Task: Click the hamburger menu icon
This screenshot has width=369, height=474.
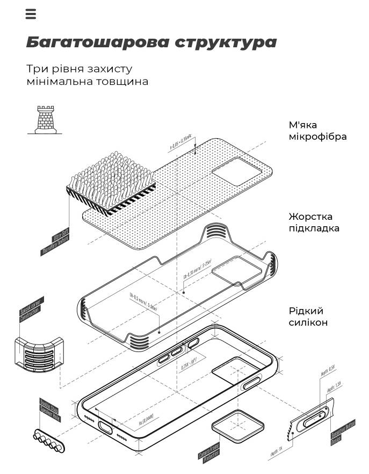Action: click(x=31, y=15)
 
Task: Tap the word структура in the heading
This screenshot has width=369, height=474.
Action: click(x=225, y=42)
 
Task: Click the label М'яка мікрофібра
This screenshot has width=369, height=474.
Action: click(x=317, y=131)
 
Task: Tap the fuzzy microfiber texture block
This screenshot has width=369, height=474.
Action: click(x=110, y=180)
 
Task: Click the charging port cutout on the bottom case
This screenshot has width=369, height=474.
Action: click(x=106, y=427)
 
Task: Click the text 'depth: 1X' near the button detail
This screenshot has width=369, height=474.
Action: click(x=276, y=451)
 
